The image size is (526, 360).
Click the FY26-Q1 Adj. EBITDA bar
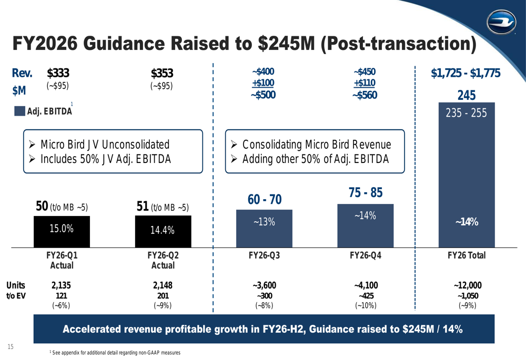[x=62, y=232]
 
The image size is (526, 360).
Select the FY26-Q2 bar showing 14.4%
[x=163, y=232]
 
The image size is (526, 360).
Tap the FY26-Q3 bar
[x=265, y=229]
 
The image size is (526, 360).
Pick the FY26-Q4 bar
[x=366, y=226]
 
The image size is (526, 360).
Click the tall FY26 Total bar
[x=467, y=175]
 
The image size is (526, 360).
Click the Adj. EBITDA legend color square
[x=19, y=111]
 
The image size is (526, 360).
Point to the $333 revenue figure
[x=58, y=73]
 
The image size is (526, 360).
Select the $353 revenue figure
[x=162, y=73]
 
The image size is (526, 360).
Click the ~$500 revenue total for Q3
[x=264, y=95]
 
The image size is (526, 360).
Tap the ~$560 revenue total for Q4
[x=365, y=95]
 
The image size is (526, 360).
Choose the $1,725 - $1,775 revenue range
[x=466, y=73]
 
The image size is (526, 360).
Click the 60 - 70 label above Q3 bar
[x=265, y=199]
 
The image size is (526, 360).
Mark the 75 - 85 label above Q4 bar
[x=366, y=193]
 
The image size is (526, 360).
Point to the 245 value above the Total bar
[x=467, y=96]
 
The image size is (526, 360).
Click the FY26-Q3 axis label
[x=265, y=255]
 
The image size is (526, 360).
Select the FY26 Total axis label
[x=467, y=255]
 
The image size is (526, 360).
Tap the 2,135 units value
[x=61, y=285]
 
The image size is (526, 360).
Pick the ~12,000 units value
[x=468, y=285]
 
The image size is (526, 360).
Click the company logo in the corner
[x=501, y=22]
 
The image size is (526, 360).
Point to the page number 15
[x=11, y=346]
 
